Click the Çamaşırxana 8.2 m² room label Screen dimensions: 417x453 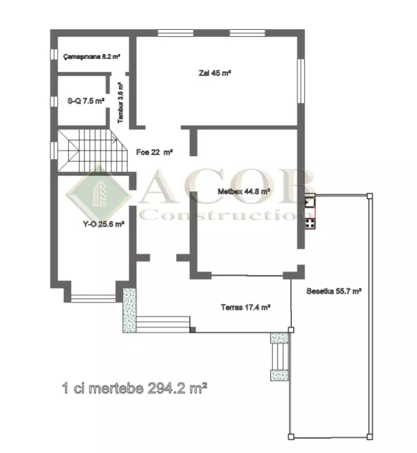(91, 56)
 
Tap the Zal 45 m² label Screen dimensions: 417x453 (215, 73)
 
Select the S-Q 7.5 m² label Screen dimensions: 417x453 (86, 101)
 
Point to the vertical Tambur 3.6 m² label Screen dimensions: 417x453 (120, 102)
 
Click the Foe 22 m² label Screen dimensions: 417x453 (155, 152)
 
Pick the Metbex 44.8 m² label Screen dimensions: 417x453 (244, 191)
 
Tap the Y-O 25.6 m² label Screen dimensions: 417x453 (103, 224)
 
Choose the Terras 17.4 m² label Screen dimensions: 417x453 (245, 307)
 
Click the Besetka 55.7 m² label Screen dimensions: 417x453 (334, 291)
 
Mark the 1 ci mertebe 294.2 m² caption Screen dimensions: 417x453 (134, 388)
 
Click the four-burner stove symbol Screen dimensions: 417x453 (310, 223)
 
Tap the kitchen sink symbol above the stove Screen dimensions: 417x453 (310, 201)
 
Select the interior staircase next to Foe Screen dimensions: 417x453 (93, 150)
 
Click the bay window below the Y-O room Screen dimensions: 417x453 (93, 298)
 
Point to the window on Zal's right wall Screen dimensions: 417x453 (301, 81)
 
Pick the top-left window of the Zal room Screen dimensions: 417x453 (175, 33)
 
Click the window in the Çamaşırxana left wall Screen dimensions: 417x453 (54, 54)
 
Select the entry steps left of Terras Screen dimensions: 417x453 (163, 324)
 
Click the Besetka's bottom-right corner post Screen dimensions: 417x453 (370, 437)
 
